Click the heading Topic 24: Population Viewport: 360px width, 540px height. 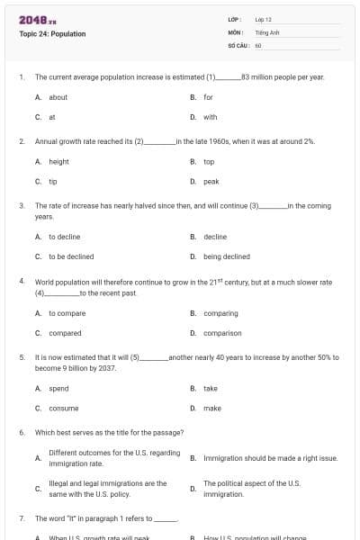pos(52,34)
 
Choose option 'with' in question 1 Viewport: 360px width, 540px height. pos(210,117)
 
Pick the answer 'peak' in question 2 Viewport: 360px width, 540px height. pos(211,182)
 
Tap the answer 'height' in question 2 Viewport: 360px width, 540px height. pos(58,162)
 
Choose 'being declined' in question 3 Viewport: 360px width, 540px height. pos(227,256)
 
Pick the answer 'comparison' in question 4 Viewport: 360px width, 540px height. pos(221,333)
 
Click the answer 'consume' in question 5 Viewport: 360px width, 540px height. pos(63,408)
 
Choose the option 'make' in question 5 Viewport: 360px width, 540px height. pos(212,408)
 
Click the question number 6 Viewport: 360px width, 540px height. pos(22,432)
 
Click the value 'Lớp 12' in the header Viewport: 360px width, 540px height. pos(264,19)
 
